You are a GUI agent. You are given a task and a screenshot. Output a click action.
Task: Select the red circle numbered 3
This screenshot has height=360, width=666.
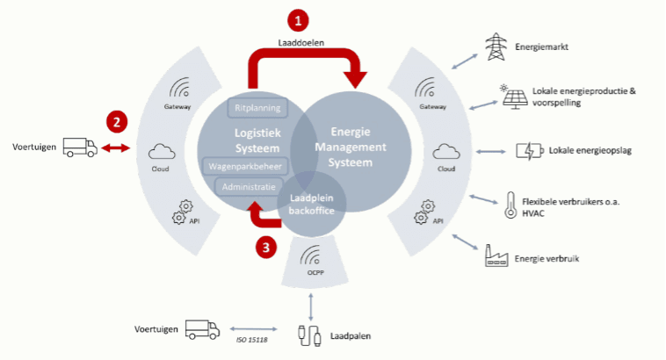pos(267,247)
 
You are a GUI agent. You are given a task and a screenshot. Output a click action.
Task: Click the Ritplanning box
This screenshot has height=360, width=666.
pos(257,108)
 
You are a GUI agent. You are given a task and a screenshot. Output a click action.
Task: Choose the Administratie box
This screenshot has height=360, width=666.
pos(249,187)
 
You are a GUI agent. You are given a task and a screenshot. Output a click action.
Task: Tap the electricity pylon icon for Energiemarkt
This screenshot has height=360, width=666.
pos(495,47)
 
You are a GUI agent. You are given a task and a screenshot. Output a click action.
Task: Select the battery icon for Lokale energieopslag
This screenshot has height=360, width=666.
pos(529,150)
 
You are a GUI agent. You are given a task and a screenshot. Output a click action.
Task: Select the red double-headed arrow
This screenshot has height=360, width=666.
pos(115,148)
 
